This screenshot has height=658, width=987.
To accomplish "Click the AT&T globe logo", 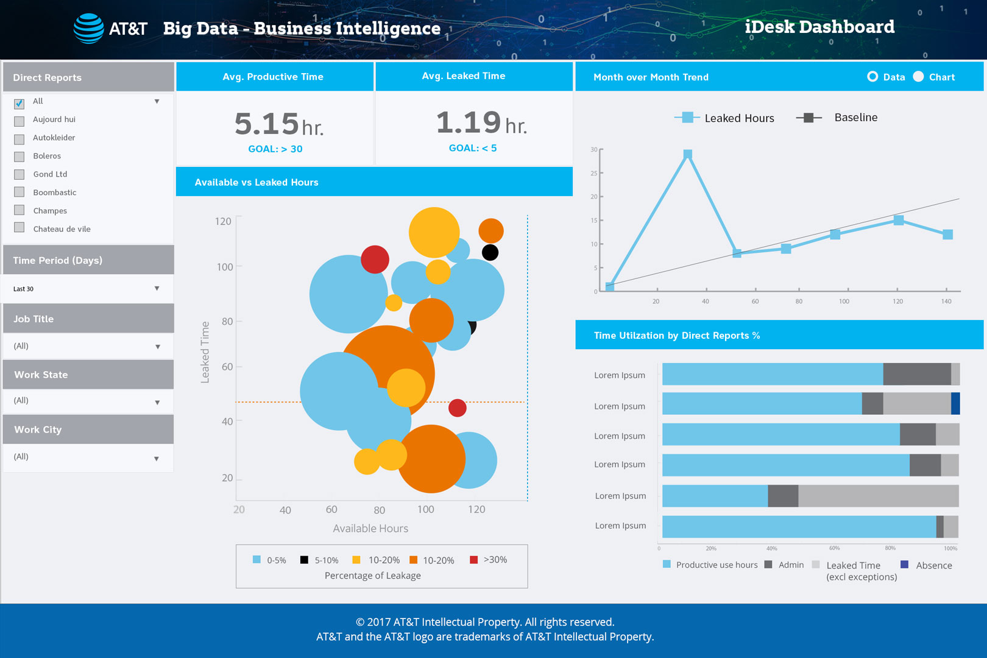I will point(88,29).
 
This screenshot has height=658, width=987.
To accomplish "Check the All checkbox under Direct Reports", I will point(19,103).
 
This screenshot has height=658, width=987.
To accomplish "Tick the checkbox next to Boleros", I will point(19,157).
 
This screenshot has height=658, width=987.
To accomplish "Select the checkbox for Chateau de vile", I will point(19,228).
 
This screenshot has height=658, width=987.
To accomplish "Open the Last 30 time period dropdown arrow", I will point(157,288).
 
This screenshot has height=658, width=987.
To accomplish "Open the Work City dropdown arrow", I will point(157,458).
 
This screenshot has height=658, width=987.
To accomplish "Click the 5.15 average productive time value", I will point(267,124).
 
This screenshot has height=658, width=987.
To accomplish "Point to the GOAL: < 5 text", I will point(473,148).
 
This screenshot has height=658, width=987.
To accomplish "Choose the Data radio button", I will point(872,77).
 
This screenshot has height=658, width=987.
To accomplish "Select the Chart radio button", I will point(918,77).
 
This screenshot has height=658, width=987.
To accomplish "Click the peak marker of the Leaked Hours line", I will point(687,154).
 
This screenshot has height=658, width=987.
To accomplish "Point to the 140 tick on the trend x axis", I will point(946,301).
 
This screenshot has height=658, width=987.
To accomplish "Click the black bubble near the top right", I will point(490,252).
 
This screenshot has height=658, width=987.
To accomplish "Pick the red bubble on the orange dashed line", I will point(457,408).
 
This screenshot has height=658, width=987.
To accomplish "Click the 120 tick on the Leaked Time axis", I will point(223,221).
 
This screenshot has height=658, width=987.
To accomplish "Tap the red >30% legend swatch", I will point(473,560).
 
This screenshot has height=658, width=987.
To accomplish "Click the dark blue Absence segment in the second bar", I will point(955,403).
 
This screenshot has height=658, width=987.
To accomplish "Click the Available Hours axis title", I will point(370,528).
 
